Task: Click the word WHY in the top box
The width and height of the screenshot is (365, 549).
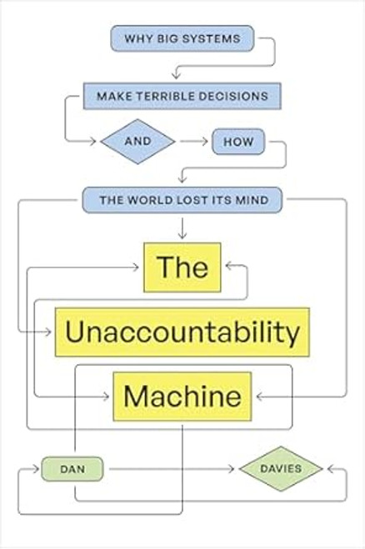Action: point(136,38)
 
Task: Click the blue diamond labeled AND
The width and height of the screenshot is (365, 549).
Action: point(137,142)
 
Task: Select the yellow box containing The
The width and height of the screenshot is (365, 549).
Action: point(182,267)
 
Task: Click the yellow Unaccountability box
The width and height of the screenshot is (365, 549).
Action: point(182,332)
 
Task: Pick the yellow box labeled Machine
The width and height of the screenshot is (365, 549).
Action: point(182,396)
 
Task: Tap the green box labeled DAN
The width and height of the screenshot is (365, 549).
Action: point(74,469)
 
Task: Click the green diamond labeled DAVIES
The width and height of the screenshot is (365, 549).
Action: point(280,469)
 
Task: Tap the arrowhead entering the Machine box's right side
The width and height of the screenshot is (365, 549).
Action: point(257,396)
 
